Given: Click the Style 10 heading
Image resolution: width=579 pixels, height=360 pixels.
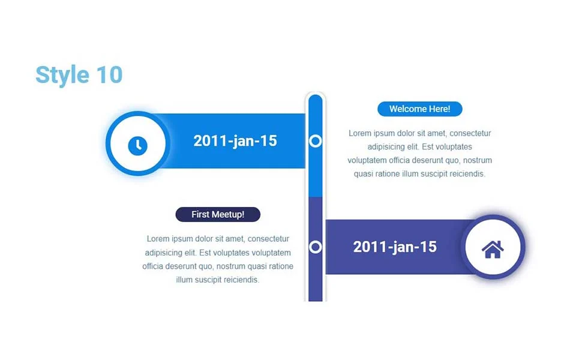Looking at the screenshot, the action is coord(79,75).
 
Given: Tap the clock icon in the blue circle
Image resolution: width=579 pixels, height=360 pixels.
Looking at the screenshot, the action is coord(138,145).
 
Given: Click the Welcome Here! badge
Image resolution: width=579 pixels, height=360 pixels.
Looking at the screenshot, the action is coord(420,109).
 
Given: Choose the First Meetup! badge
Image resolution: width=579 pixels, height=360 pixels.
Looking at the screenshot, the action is coord(218,215).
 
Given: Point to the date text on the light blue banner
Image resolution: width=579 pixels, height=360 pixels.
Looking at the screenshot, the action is coord(235,141).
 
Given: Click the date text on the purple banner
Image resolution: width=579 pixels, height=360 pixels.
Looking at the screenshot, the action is coord(395,247).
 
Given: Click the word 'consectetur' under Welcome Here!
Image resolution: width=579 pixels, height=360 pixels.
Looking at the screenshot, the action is coord(470,133).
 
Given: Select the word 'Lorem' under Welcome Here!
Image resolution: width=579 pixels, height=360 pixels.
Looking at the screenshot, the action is coord(360,133).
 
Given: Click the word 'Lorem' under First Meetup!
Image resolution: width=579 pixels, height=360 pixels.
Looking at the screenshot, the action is coord(158,239).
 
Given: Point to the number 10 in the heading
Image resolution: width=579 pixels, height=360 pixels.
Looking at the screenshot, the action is coord(109,75).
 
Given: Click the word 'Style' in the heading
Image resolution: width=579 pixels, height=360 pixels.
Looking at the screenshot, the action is coord(62,76).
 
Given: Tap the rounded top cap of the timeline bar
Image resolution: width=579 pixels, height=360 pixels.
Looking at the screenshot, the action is coord(316,100).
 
